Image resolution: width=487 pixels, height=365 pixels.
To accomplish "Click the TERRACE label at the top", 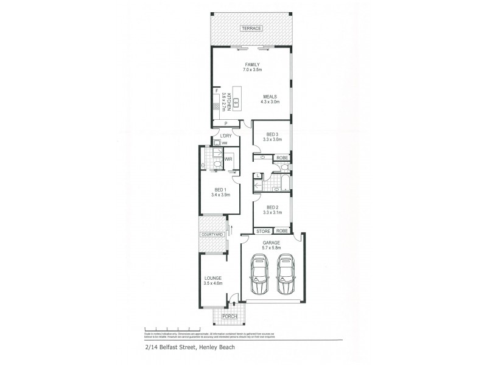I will point(251,29).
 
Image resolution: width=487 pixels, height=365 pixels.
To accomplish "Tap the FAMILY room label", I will point(252,64).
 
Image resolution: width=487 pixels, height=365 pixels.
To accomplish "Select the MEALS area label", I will point(270,96).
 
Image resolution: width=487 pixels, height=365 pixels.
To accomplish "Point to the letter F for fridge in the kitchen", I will point(216,91).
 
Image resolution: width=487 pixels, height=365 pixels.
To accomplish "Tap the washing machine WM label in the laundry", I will point(225,143).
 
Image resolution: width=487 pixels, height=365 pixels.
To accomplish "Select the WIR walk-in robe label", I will point(228,159).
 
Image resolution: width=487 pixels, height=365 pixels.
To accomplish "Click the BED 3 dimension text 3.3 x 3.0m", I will point(272,140).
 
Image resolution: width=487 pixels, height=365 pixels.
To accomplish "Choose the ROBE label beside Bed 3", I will point(282,158).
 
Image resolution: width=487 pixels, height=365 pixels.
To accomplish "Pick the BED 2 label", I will point(272,206).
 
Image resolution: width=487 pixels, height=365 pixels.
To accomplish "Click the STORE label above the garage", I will point(263,231).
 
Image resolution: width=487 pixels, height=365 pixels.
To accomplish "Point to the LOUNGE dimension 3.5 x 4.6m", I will point(213,283).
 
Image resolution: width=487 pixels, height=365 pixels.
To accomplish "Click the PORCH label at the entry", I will point(229,316).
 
